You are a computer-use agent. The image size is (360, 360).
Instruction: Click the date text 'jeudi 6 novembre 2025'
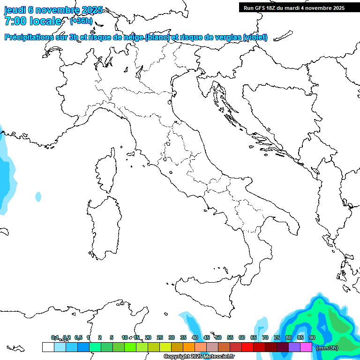[53, 10]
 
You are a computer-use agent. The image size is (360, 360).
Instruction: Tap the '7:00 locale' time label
[33, 21]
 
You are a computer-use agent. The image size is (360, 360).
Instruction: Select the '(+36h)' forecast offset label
[81, 21]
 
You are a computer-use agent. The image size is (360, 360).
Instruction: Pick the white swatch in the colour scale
[48, 347]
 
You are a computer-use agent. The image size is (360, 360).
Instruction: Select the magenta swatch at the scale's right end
[306, 347]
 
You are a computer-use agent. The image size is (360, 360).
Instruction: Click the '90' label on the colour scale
[312, 337]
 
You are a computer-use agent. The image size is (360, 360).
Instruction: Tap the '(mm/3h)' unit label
[327, 348]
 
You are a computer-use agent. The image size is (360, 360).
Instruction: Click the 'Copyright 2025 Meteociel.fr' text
[199, 357]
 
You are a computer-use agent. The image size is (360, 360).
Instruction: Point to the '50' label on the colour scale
[218, 337]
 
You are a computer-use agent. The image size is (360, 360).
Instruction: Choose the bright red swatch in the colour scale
[247, 347]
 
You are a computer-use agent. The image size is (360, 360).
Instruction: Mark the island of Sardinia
[104, 227]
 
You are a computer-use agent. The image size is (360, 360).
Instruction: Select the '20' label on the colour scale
[148, 337]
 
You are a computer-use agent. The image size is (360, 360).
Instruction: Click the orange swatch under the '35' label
[189, 347]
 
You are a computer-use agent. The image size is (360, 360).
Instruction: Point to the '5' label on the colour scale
[112, 337]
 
